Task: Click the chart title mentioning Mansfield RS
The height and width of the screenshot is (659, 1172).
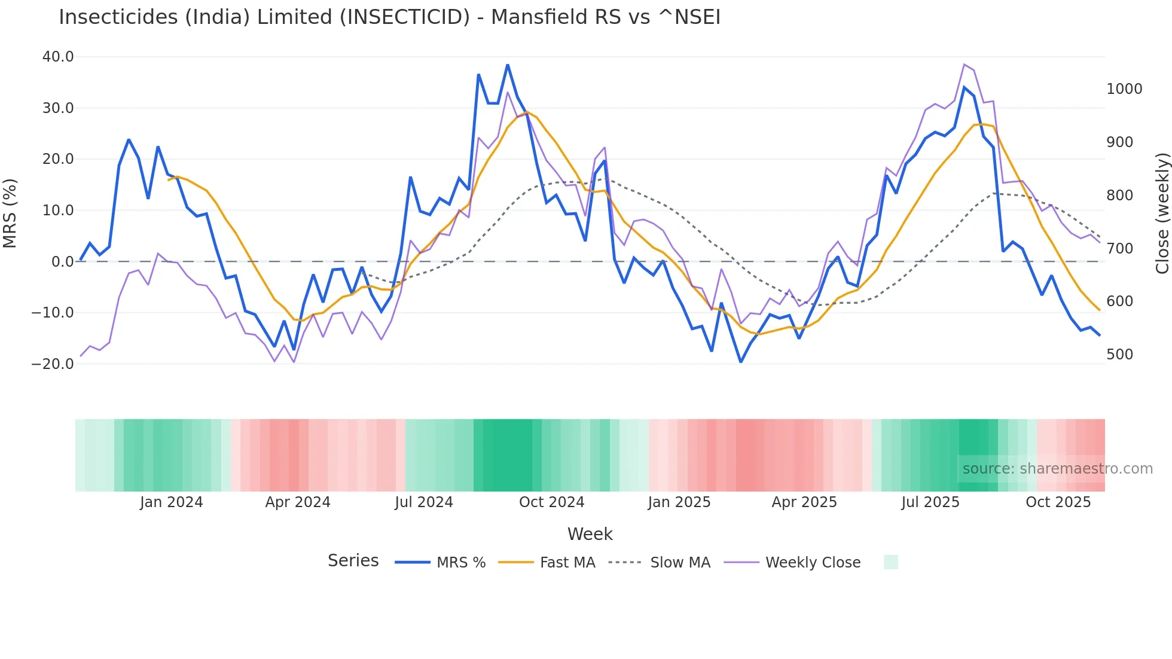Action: click(389, 17)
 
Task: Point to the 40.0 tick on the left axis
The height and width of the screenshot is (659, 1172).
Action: click(58, 57)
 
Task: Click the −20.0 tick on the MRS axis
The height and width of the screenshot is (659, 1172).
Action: click(53, 364)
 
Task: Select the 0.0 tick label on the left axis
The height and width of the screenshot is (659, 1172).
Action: click(62, 262)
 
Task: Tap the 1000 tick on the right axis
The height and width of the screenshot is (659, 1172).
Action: click(1124, 89)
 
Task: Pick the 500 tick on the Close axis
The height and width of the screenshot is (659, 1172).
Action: click(1119, 355)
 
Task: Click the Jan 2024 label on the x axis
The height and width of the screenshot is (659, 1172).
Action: click(172, 502)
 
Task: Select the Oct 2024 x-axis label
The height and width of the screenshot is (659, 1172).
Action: click(551, 502)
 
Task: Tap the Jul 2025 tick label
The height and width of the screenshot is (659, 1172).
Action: click(930, 502)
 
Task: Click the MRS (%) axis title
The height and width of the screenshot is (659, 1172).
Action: click(10, 213)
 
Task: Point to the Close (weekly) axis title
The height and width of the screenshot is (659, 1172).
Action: click(1162, 213)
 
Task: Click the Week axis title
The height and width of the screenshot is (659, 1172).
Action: click(590, 534)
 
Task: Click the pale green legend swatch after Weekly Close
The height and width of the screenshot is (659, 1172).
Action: click(890, 562)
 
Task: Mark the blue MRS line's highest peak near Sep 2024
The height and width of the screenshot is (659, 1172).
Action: click(508, 65)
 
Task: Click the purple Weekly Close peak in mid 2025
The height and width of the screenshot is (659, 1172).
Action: click(965, 64)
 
